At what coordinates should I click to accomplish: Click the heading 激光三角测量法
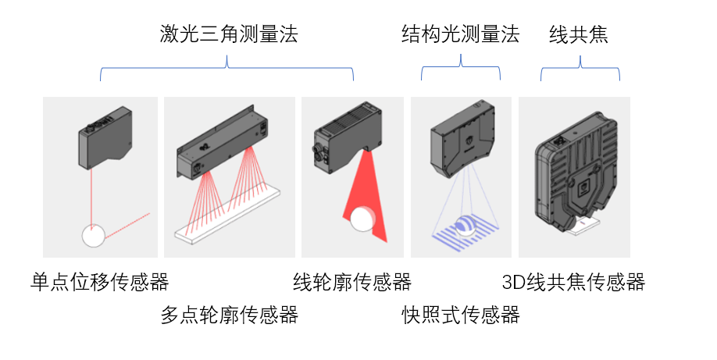point(228,34)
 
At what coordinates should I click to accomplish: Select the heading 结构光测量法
point(460,34)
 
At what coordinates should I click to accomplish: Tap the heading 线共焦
point(579,34)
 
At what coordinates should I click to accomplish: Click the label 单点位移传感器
point(100,281)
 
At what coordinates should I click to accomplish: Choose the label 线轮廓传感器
point(351,281)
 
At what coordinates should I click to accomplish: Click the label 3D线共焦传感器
point(573,282)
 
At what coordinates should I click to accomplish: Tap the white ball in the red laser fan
point(362,219)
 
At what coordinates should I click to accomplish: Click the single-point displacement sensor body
point(106,140)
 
